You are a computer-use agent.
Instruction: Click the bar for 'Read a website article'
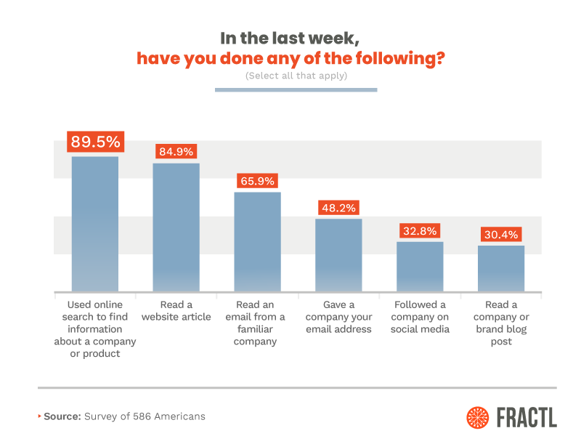176,227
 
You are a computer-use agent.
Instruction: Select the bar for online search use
94,224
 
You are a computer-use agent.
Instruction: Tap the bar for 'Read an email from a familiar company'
257,241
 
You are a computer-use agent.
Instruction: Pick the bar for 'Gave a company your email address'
338,254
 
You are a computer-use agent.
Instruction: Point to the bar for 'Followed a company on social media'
420,266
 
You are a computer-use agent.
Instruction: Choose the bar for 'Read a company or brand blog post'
501,268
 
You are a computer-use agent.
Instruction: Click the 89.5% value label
95,141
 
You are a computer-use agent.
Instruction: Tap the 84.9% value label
176,152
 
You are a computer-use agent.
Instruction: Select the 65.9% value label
257,181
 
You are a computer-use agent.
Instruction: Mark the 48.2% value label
338,207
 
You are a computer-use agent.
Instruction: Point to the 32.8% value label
420,231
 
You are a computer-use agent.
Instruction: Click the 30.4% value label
501,235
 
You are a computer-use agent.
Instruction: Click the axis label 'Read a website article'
176,310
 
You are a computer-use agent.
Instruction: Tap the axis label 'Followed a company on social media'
420,317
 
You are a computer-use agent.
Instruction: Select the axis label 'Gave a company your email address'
338,317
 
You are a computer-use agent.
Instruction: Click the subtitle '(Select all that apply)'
296,76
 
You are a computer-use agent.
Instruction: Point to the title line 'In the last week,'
296,37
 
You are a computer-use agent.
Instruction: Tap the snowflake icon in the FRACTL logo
478,416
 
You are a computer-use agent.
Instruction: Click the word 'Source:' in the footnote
62,416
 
